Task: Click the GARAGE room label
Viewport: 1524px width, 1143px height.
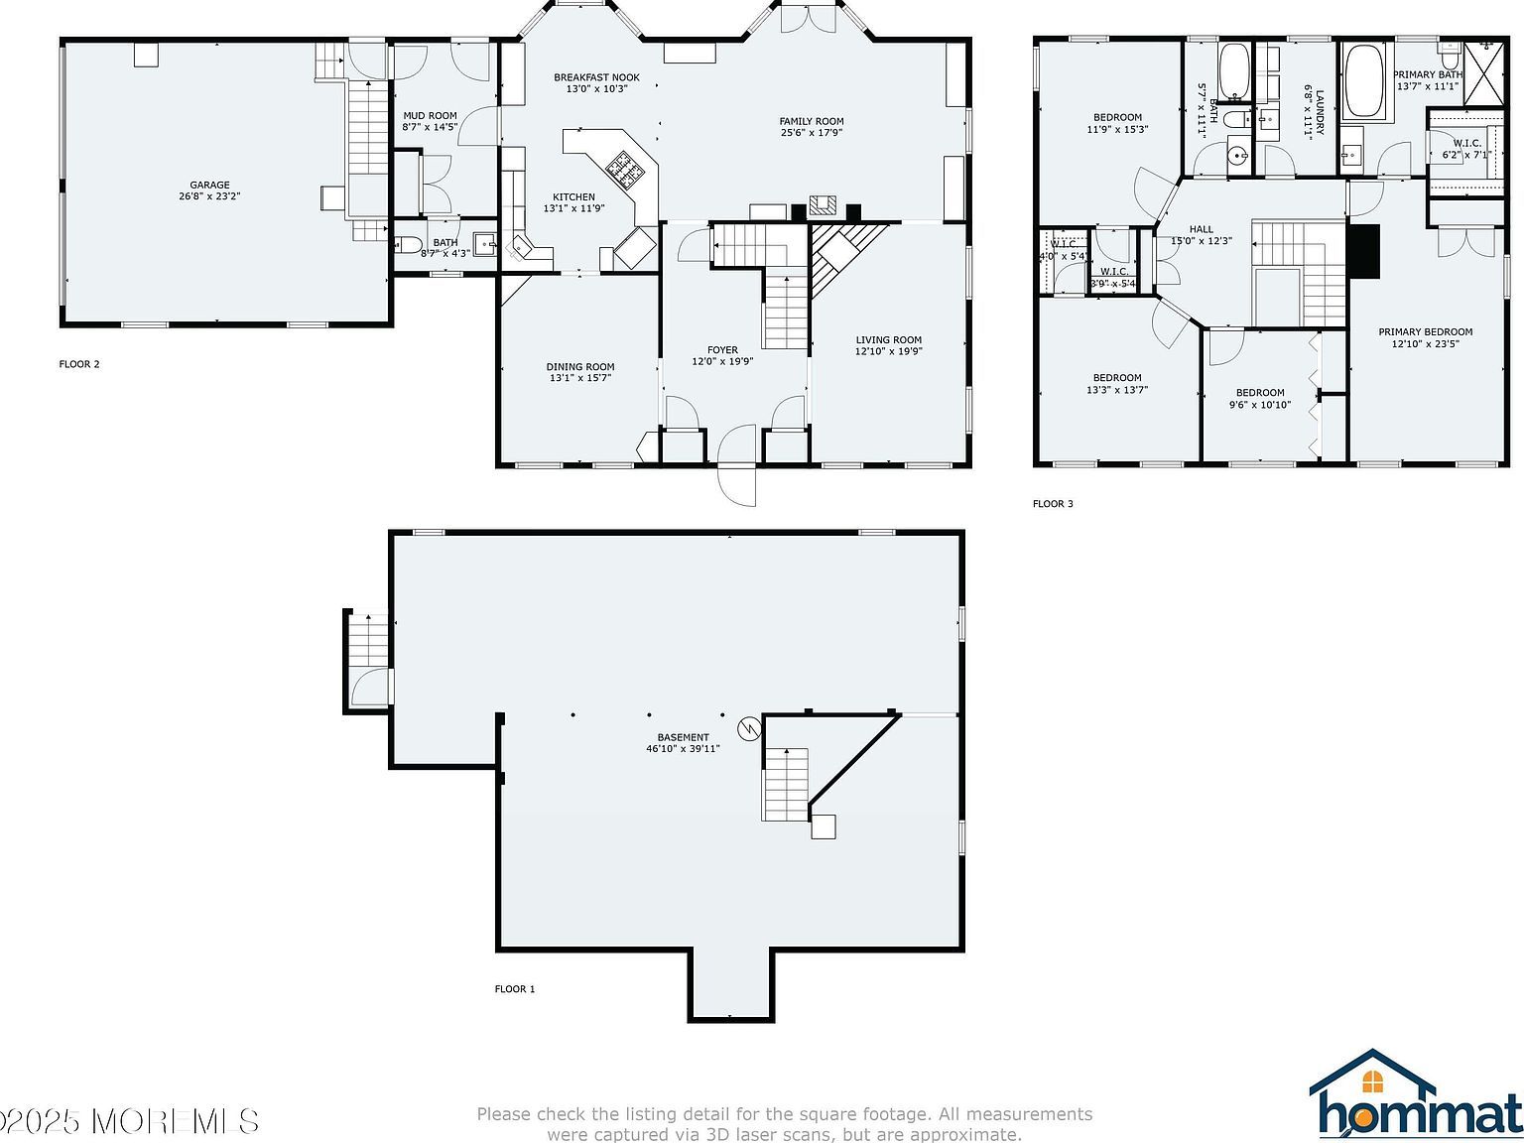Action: (209, 186)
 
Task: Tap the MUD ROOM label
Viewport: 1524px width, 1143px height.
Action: (430, 116)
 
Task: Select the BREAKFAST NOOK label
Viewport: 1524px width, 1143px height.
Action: (596, 77)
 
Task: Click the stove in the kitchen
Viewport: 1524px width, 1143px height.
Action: (625, 170)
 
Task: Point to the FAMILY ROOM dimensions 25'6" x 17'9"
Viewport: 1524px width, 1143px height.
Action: (811, 133)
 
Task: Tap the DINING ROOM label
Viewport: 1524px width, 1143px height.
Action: (580, 367)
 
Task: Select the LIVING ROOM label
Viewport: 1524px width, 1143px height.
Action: (888, 340)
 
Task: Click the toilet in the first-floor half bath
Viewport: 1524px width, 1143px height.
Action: (409, 244)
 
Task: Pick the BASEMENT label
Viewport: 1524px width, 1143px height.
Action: (683, 737)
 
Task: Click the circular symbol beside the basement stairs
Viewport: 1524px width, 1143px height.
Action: (749, 729)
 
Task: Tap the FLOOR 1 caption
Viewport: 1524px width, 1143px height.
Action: (515, 989)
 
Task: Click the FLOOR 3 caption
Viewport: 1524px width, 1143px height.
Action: (1053, 504)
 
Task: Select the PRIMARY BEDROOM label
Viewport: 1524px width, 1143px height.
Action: (1425, 332)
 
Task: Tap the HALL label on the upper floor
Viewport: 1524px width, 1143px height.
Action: (1201, 229)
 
